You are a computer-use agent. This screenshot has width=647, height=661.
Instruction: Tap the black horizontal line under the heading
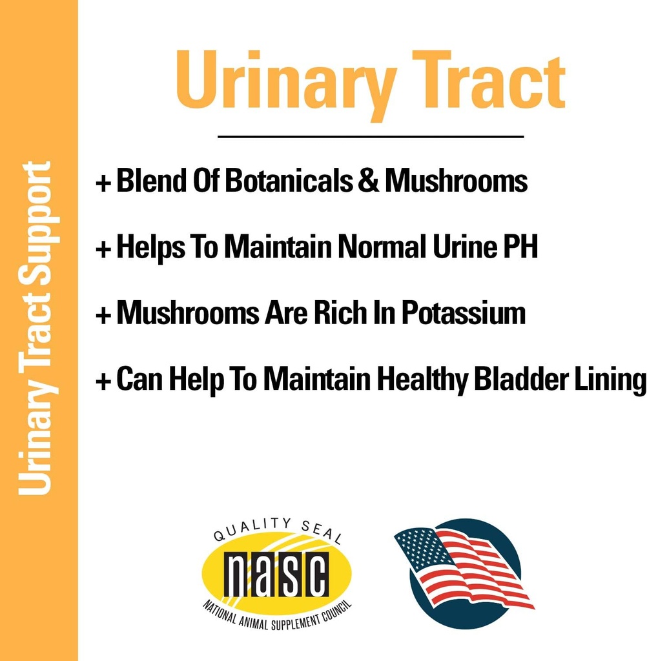370,137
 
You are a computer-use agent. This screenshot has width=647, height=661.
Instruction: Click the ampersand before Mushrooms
368,181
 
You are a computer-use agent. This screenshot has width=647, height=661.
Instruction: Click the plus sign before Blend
103,183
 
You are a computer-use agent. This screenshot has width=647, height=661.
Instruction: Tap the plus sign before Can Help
103,381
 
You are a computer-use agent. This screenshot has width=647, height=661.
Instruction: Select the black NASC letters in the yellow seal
276,575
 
